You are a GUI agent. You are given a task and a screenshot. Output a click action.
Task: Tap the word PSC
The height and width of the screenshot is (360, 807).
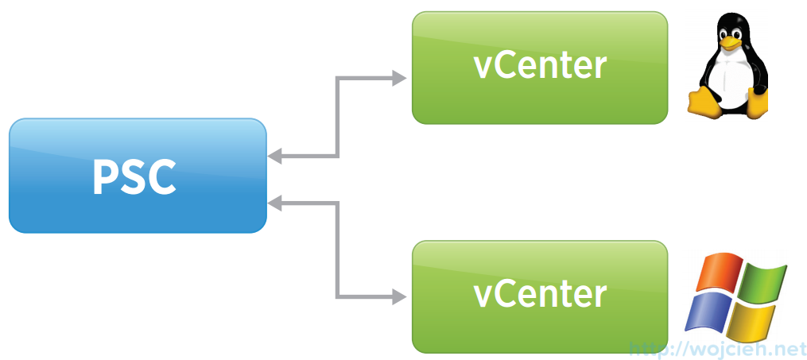(x=134, y=177)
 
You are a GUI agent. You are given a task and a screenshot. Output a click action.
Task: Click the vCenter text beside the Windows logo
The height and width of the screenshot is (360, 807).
(x=540, y=294)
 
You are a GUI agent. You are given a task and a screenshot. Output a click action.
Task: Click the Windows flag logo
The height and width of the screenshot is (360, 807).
(x=736, y=296)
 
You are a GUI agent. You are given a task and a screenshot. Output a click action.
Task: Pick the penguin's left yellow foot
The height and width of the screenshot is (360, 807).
(x=704, y=101)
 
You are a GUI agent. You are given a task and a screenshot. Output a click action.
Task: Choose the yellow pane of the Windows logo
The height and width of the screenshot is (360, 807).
(x=751, y=320)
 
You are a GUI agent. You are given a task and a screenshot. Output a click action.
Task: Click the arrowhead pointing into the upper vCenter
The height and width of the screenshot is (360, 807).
(x=400, y=78)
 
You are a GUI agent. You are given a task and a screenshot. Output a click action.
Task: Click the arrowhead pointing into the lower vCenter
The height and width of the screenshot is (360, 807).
(x=400, y=298)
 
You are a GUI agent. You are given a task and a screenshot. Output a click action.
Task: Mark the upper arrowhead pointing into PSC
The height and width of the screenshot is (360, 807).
(x=274, y=157)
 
